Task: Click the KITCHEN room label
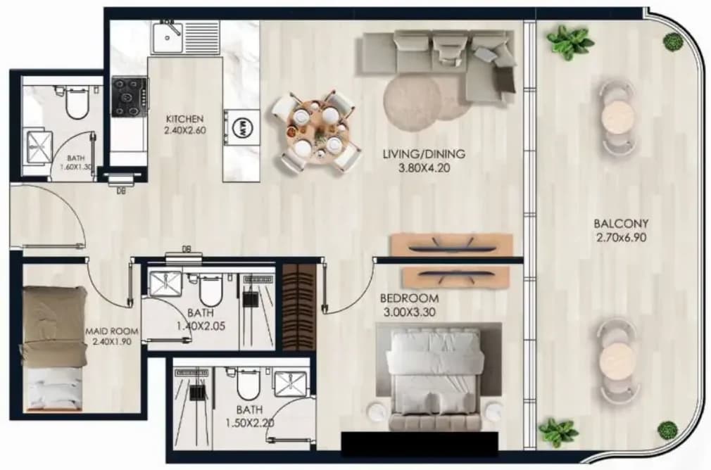click(184, 119)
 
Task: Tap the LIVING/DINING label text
click(424, 154)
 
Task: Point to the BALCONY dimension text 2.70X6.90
click(621, 238)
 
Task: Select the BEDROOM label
click(409, 299)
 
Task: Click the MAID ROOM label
click(112, 332)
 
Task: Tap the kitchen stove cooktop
click(130, 97)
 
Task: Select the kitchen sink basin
click(167, 37)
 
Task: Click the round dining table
click(317, 131)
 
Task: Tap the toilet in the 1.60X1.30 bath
click(77, 103)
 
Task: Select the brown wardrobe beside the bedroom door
click(299, 307)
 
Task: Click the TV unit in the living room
click(452, 245)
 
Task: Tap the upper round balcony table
click(616, 117)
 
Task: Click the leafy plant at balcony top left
click(564, 41)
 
